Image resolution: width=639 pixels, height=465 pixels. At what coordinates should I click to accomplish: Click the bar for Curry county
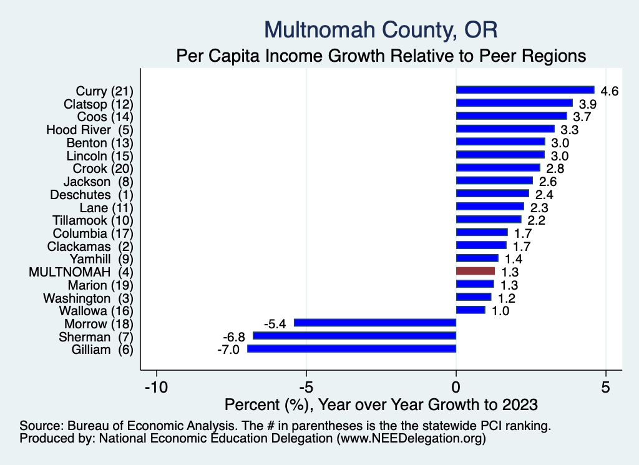coord(525,90)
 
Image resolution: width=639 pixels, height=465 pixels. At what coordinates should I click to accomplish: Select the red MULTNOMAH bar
coord(476,272)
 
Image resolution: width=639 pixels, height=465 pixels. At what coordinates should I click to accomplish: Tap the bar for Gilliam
coord(352,349)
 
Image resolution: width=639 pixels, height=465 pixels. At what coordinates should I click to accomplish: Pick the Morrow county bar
coord(375,323)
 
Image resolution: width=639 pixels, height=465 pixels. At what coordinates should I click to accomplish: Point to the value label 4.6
coord(609,91)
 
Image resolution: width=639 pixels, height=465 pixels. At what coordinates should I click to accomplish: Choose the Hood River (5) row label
coord(90,130)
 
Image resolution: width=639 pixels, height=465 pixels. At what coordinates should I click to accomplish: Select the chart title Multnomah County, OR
coord(381,29)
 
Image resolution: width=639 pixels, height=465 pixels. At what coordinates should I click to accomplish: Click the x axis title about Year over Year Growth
coord(381,404)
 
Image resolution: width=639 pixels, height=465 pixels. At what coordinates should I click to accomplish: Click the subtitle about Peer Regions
coord(381,56)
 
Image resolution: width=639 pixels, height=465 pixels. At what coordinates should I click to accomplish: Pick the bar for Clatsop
coord(514,103)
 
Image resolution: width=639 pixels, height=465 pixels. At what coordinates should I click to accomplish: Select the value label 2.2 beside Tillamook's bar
coord(536,220)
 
